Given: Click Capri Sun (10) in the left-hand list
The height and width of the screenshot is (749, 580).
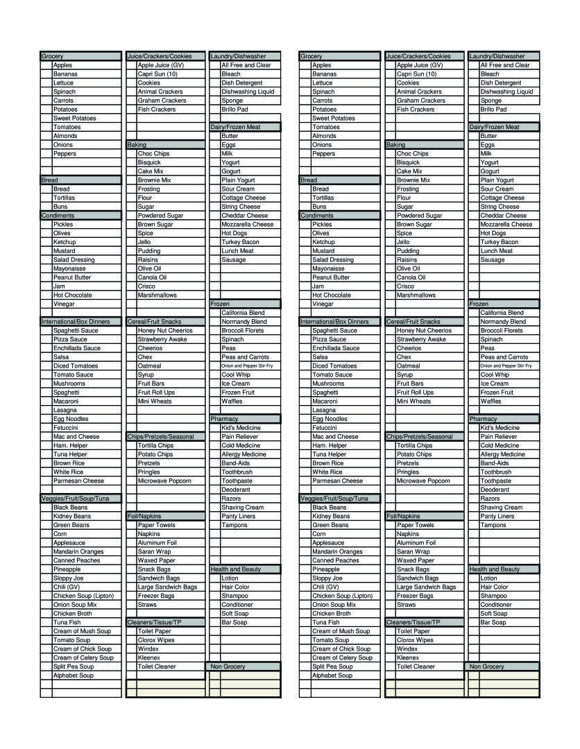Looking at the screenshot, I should pos(157,74).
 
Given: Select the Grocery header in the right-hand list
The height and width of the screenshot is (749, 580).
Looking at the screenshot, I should pos(312,56).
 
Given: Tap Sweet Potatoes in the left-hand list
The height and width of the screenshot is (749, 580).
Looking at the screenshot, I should pos(75,119).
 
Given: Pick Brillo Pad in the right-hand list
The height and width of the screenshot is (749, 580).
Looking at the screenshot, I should pos(493,110).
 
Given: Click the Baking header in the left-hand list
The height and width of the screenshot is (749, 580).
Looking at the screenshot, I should pos(137,145).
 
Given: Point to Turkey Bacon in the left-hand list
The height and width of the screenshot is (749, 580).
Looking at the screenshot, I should pos(240,242).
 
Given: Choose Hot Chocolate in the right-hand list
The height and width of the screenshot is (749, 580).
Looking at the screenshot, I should pos(332,295).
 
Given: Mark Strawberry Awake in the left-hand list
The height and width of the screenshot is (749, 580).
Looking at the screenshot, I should pos(162,340).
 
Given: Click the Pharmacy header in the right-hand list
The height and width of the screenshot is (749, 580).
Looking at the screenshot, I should pos(484,419).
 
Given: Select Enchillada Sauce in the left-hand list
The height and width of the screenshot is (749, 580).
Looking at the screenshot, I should pos(77,348).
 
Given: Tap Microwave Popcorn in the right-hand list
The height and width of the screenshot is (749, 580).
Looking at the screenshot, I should pos(423,481).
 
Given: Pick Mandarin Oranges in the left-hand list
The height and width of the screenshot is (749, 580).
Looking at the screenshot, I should pos(78,552).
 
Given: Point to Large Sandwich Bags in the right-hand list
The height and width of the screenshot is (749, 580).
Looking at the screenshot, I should pos(426,587).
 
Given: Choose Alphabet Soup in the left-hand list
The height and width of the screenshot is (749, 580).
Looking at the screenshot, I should pos(74,675).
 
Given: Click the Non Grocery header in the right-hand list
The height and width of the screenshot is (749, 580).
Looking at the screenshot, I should pos(487,666).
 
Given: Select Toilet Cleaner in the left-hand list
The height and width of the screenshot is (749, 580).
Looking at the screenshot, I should pos(157,666).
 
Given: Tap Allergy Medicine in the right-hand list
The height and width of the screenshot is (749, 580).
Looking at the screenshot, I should pos(503,454).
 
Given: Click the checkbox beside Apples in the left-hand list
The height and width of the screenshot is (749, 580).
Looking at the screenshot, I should pos(46,65).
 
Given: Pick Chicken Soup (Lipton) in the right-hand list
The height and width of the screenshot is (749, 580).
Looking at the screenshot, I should pos(342,596).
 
